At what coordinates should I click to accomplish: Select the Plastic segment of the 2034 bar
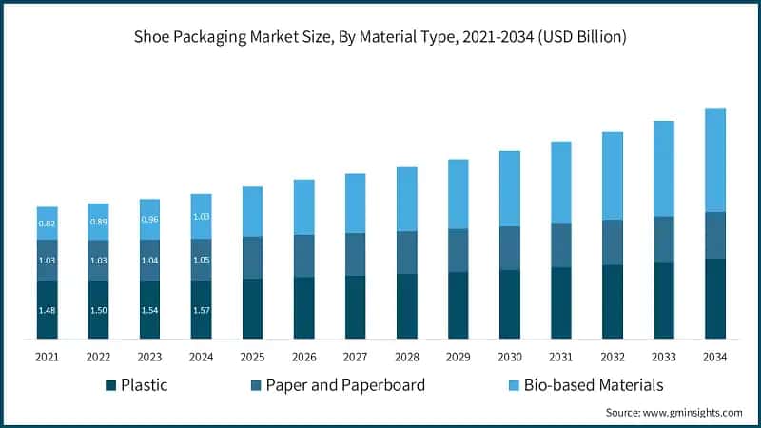(714, 298)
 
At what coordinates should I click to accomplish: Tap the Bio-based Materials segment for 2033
(663, 168)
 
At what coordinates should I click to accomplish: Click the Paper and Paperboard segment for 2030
(509, 248)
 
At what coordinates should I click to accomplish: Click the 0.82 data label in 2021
(47, 224)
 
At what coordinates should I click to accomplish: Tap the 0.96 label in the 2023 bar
(149, 220)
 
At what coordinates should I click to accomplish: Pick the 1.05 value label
(201, 260)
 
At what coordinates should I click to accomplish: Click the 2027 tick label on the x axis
(355, 357)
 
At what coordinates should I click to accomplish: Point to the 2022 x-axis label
(98, 357)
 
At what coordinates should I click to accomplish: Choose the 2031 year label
(560, 357)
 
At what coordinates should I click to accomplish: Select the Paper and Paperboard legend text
(345, 385)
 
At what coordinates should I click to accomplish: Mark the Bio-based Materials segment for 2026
(303, 206)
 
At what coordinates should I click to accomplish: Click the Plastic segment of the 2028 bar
(406, 306)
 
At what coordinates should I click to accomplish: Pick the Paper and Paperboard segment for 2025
(252, 257)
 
